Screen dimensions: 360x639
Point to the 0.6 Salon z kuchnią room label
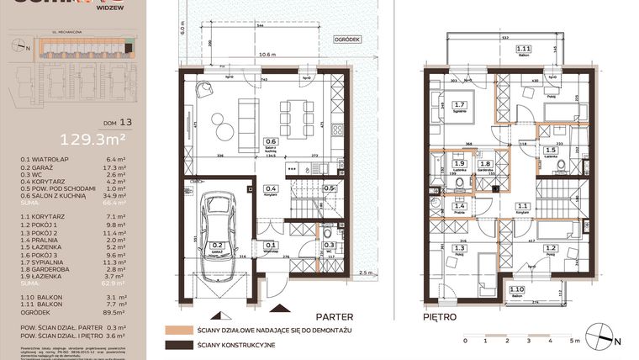pyautogui.click(x=271, y=144)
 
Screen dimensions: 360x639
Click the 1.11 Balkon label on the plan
pyautogui.click(x=524, y=50)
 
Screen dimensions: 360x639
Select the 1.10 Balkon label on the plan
pyautogui.click(x=515, y=291)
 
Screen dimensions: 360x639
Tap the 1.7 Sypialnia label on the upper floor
pyautogui.click(x=460, y=107)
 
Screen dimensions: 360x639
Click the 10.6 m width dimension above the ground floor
pyautogui.click(x=269, y=55)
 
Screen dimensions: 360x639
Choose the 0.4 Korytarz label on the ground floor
pyautogui.click(x=271, y=190)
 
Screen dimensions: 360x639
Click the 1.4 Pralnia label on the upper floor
pyautogui.click(x=459, y=208)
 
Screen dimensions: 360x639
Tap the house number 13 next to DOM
pyautogui.click(x=125, y=121)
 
